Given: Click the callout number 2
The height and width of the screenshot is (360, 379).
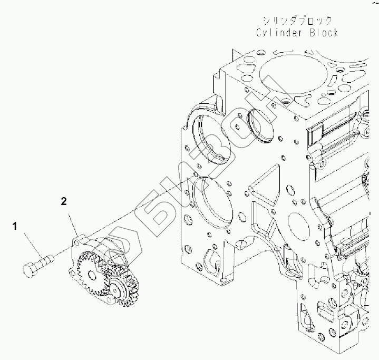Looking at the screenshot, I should pyautogui.click(x=63, y=201).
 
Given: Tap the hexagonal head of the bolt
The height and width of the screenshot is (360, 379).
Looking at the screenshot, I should pyautogui.click(x=30, y=268).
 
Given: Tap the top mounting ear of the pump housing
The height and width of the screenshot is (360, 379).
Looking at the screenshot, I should pyautogui.click(x=77, y=240).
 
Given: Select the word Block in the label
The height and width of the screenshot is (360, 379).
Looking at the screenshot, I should pyautogui.click(x=320, y=32).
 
